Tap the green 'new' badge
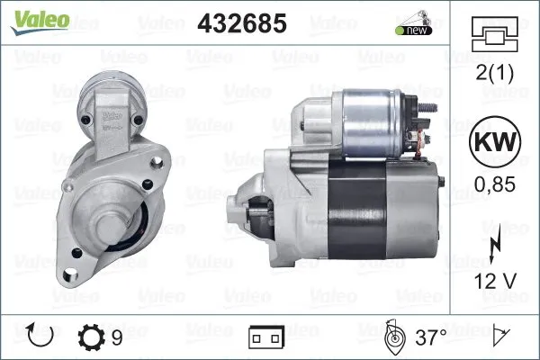[x=412, y=31]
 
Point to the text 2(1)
[x=496, y=74]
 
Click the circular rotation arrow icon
[x=41, y=337]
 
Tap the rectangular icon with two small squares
[x=266, y=339]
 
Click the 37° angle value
[x=431, y=338]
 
